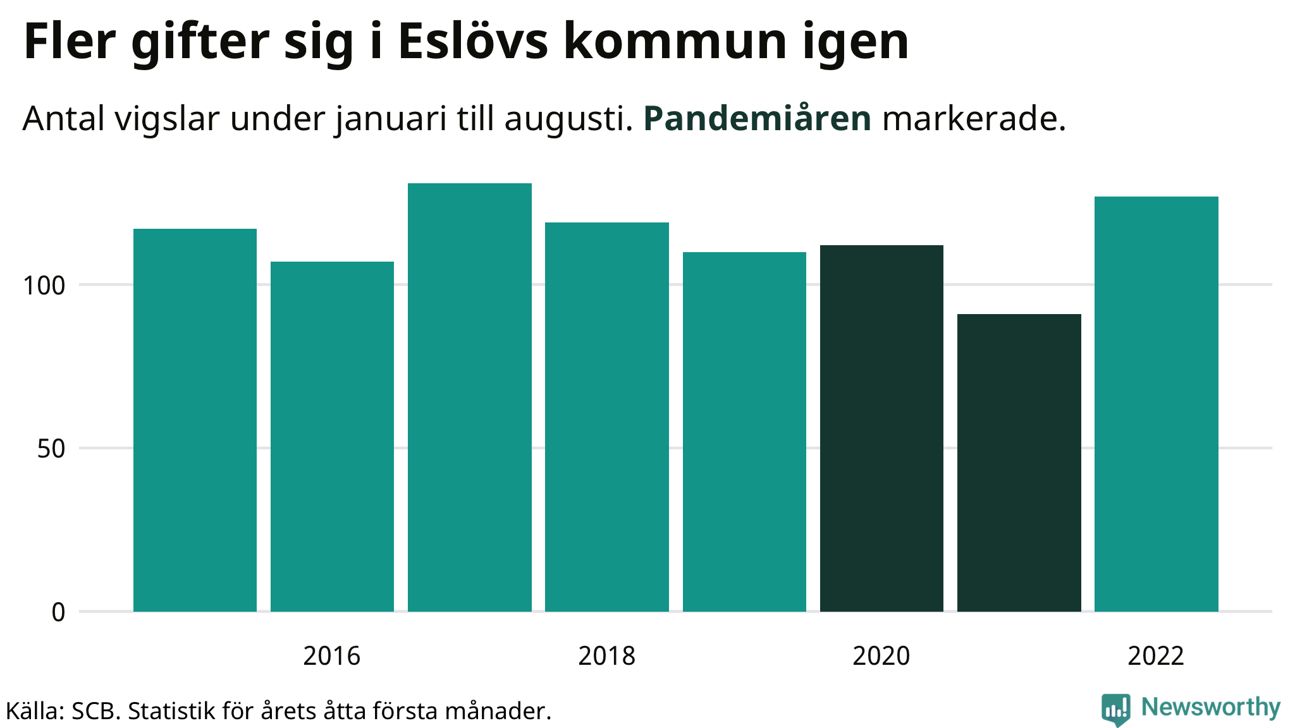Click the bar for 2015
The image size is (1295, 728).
(195, 420)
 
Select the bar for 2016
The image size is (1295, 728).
(332, 436)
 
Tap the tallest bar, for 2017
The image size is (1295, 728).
(469, 397)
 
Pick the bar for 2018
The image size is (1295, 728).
(606, 416)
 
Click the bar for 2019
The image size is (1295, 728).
(744, 432)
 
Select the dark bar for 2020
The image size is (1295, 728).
(881, 428)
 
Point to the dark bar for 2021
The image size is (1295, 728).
(1019, 463)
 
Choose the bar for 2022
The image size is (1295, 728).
(1156, 404)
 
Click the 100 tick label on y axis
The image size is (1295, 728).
(44, 286)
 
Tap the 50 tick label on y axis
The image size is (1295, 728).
(51, 449)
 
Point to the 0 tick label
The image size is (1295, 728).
(58, 612)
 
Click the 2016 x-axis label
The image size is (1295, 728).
(331, 656)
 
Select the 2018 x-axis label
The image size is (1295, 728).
(606, 656)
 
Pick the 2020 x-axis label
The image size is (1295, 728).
(881, 656)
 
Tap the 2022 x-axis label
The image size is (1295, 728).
(1155, 656)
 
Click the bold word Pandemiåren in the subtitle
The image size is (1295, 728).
(757, 118)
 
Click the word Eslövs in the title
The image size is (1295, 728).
(473, 42)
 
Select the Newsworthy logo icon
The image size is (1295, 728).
(1115, 709)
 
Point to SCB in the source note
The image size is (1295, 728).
(95, 712)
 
